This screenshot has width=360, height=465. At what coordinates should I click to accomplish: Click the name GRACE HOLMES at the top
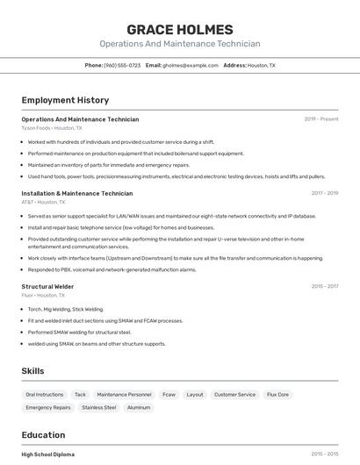pyautogui.click(x=180, y=30)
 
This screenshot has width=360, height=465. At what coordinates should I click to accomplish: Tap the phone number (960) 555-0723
pyautogui.click(x=122, y=66)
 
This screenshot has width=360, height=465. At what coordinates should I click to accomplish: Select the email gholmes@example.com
pyautogui.click(x=189, y=66)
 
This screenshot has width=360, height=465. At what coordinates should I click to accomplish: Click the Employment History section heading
pyautogui.click(x=65, y=101)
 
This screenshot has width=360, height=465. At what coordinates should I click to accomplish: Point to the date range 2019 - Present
pyautogui.click(x=321, y=119)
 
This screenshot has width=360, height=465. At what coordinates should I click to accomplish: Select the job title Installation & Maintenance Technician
pyautogui.click(x=77, y=193)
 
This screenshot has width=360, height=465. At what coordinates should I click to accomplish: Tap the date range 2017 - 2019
pyautogui.click(x=325, y=193)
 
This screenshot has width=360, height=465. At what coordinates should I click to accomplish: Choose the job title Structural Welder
pyautogui.click(x=48, y=286)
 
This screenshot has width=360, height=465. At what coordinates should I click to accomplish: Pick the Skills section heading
pyautogui.click(x=33, y=371)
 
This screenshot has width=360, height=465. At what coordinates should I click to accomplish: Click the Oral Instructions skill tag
pyautogui.click(x=45, y=395)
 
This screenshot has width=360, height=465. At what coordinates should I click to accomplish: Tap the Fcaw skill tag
pyautogui.click(x=169, y=395)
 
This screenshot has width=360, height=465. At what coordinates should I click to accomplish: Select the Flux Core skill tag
pyautogui.click(x=277, y=395)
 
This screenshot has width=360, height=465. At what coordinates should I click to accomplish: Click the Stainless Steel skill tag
pyautogui.click(x=99, y=407)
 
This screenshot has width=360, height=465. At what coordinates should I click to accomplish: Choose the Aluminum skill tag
pyautogui.click(x=139, y=407)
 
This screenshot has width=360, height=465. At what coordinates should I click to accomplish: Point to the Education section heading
pyautogui.click(x=43, y=435)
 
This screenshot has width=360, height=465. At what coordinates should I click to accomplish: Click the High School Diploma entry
pyautogui.click(x=48, y=454)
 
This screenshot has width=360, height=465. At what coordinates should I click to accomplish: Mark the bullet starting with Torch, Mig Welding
pyautogui.click(x=66, y=309)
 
